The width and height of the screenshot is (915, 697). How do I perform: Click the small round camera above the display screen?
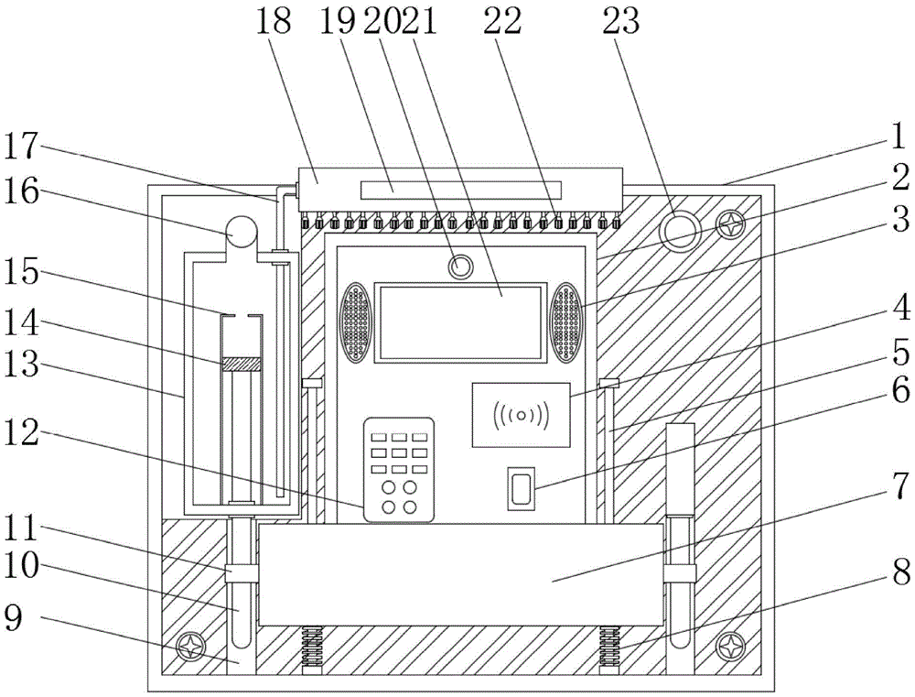pyautogui.click(x=460, y=267)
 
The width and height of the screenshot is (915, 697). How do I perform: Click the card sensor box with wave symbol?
pyautogui.click(x=521, y=415)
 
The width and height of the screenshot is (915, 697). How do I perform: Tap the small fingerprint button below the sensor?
pyautogui.click(x=522, y=488)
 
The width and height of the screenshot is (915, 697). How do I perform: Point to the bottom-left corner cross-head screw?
pyautogui.click(x=193, y=647)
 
